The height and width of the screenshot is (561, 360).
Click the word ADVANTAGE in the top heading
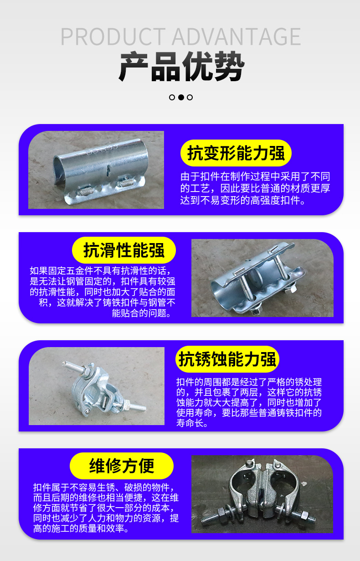pos(237,36)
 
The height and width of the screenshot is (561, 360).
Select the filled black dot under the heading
pos(181,97)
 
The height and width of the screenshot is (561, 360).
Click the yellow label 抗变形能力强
pos(236,153)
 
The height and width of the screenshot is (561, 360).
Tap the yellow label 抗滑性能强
pos(124,250)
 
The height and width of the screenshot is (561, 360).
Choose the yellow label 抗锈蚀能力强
pos(227,359)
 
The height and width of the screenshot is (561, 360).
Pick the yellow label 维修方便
pos(122,466)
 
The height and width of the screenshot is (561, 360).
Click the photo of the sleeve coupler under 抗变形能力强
pos(96,170)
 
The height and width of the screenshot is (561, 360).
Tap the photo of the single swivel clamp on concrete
pos(97,386)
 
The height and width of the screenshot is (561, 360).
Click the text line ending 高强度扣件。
pos(242,200)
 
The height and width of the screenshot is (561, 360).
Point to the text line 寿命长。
pos(192,423)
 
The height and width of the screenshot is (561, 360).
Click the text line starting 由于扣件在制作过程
pos(255,177)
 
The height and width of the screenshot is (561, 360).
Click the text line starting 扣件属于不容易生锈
pos(103,488)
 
